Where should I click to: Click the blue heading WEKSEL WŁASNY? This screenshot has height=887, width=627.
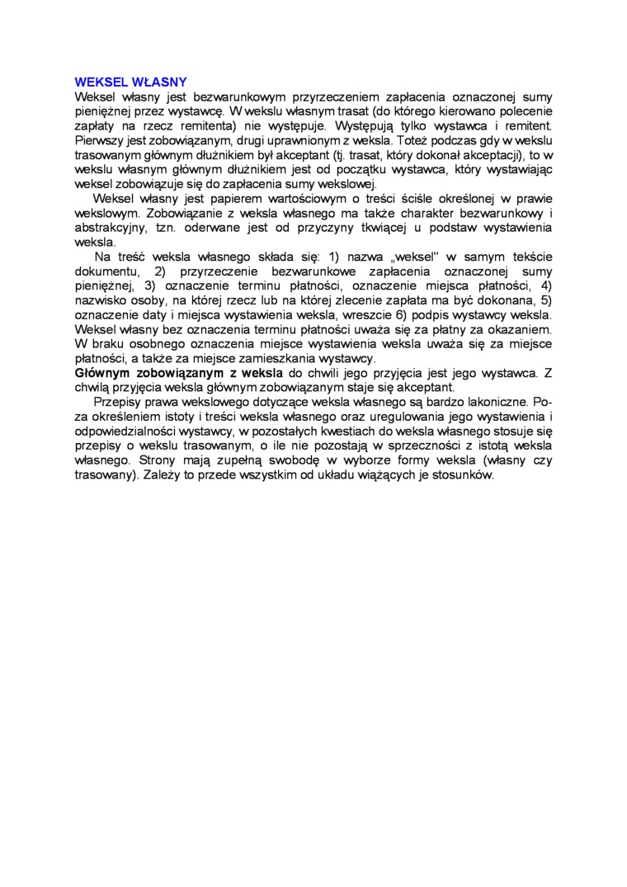pos(130,82)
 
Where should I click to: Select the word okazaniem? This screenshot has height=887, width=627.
pos(520,329)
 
